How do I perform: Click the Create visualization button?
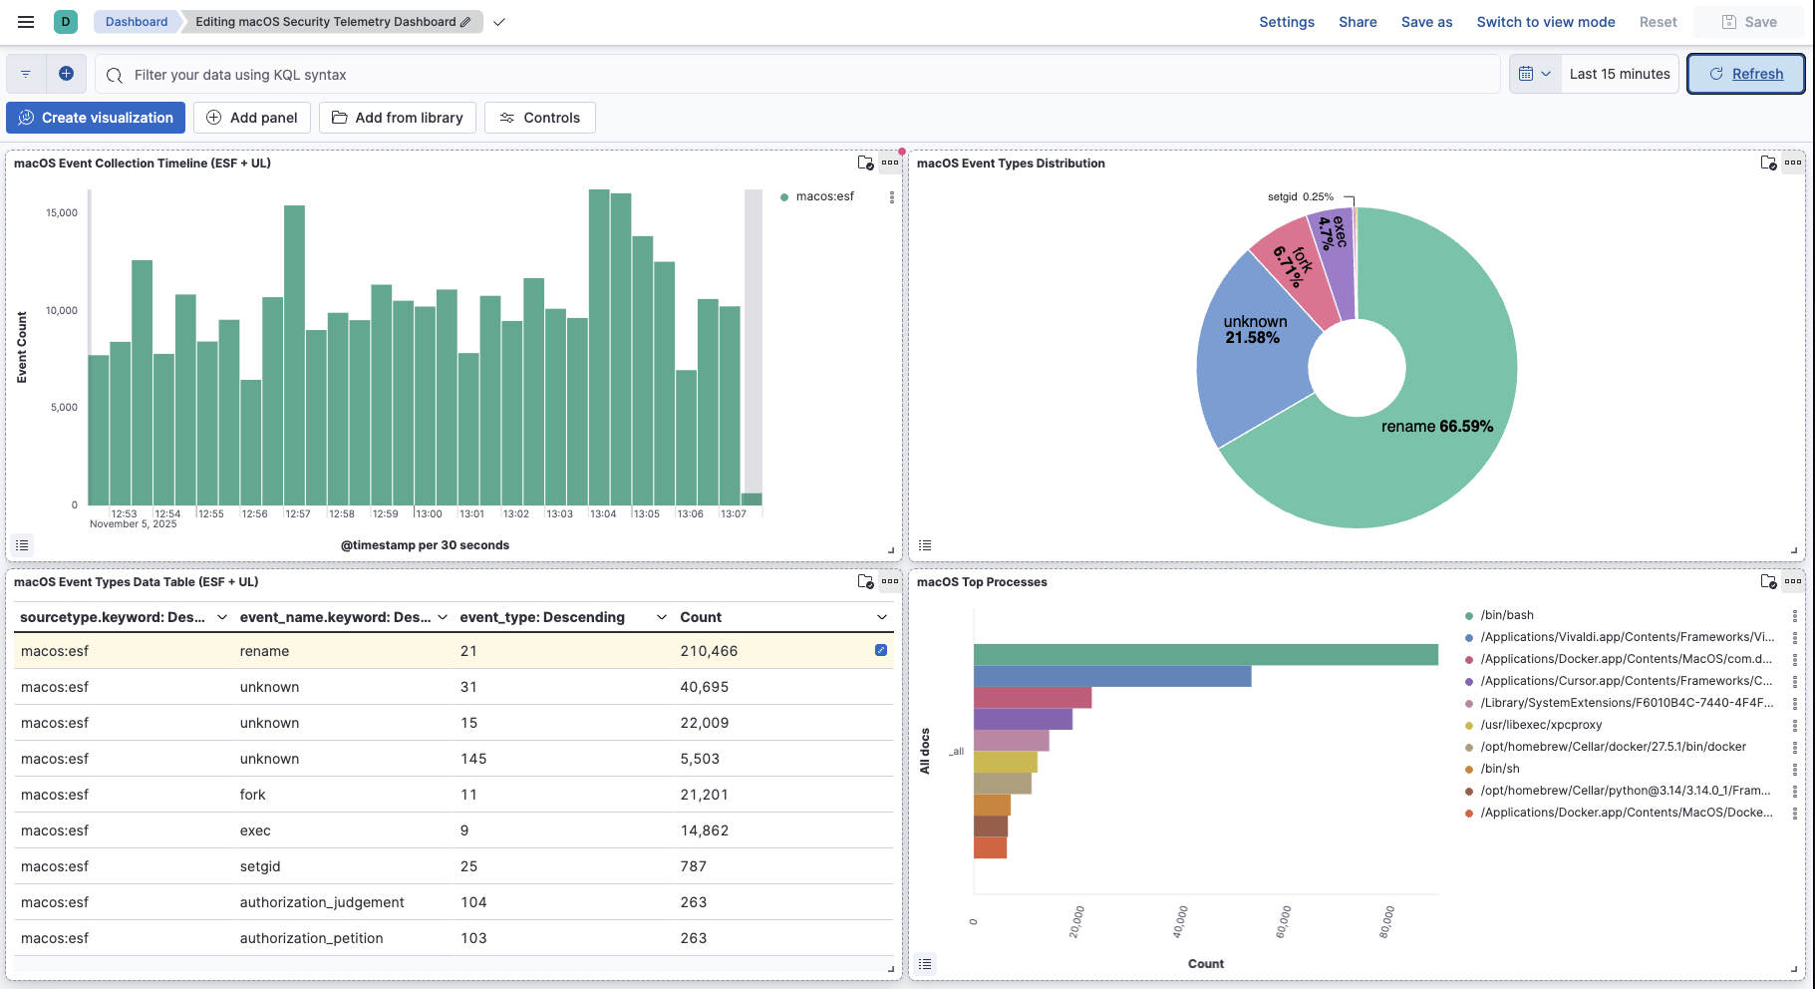96,118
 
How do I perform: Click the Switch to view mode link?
1545,22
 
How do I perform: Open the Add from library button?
398,118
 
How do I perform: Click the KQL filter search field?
797,75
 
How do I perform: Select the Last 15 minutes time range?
1619,74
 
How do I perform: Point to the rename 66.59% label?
1436,427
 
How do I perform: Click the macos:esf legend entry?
824,196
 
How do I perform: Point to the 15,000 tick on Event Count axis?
62,212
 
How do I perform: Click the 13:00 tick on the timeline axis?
429,513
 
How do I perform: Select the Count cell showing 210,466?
709,651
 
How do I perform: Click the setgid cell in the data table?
260,866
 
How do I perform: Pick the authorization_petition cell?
311,938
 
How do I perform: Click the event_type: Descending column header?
542,617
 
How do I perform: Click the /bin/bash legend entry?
1506,615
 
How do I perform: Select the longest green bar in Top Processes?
1205,654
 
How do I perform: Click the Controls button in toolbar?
539,118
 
